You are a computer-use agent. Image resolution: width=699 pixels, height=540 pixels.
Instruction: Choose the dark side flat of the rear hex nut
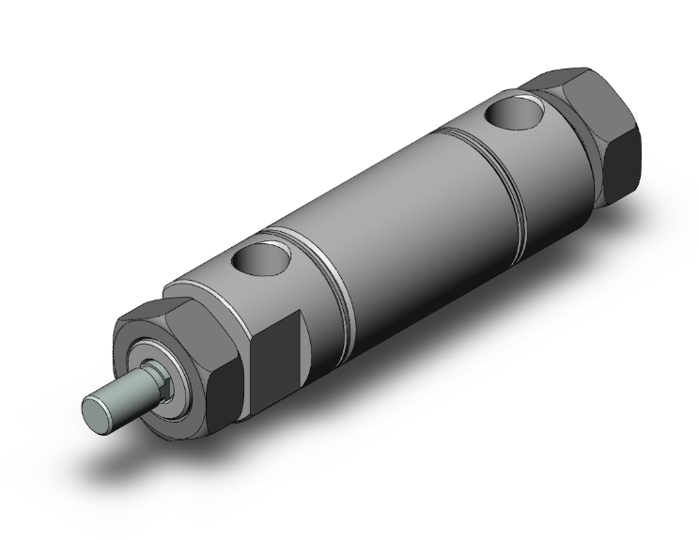point(620,160)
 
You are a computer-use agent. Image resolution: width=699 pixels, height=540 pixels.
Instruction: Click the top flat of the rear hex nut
point(564,79)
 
